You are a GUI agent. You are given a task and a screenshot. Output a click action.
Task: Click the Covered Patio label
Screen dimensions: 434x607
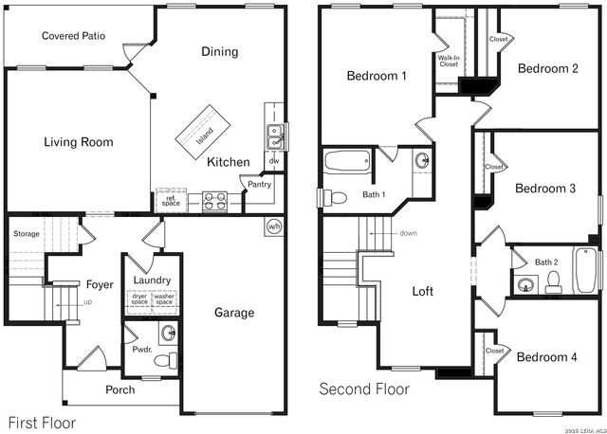tap(73, 36)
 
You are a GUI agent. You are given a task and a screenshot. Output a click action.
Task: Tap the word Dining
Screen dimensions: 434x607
tap(219, 52)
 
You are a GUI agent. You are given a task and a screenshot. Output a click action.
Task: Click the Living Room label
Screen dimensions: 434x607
tap(78, 142)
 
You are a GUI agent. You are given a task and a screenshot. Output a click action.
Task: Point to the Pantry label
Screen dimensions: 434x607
tap(259, 185)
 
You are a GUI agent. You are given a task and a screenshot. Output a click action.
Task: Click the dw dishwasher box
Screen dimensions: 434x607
tap(273, 162)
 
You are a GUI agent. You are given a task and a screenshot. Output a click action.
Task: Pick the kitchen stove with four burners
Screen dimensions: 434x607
tap(212, 201)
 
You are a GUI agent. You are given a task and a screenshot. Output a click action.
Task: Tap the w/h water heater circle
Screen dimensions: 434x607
tap(274, 226)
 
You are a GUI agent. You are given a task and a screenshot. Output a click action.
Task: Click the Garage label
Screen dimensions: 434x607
tap(233, 313)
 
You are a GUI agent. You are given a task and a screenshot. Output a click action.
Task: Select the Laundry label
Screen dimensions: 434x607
tap(152, 280)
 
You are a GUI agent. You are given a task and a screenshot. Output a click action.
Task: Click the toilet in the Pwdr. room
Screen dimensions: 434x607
tap(168, 360)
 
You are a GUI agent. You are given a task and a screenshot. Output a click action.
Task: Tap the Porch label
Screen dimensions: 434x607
tap(120, 389)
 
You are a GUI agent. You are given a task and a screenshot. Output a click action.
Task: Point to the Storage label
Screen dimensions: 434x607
tap(27, 233)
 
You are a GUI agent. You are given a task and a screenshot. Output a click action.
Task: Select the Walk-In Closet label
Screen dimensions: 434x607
tap(448, 61)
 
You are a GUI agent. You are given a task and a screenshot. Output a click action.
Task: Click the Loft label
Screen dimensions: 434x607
tap(422, 292)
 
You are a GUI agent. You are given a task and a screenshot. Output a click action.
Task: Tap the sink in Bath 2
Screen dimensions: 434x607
tap(524, 281)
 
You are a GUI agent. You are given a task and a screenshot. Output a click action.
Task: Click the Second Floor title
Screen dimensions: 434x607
tap(364, 389)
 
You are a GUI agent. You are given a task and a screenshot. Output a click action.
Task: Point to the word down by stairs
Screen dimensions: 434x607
tap(408, 233)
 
